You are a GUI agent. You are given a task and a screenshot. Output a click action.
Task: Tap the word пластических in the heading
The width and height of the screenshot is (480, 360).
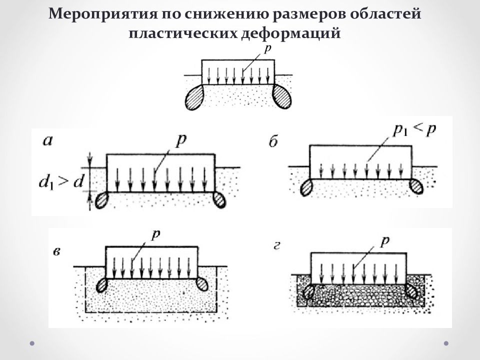tap(183, 33)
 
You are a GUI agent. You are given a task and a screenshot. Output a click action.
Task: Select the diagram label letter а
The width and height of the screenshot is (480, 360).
tap(48, 141)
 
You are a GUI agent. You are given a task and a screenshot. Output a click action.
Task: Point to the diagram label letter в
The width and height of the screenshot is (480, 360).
tap(56, 252)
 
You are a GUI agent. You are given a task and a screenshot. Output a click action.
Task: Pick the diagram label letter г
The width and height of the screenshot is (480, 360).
tap(276, 246)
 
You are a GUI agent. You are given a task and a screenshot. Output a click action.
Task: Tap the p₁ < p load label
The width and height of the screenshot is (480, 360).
tap(414, 130)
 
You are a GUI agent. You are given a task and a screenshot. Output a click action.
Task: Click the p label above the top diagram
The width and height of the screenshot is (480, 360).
tap(267, 49)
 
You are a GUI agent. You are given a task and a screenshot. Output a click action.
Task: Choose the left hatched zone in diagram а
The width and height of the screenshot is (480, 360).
tap(101, 200)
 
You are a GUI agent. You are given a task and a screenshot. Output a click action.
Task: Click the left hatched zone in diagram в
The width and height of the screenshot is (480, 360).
tap(102, 285)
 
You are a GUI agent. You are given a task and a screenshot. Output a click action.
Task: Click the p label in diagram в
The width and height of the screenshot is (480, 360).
tap(156, 235)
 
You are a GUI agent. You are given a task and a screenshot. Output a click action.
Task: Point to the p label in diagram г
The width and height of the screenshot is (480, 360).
tap(384, 241)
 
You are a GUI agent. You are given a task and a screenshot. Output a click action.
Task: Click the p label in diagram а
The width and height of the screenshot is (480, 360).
tap(181, 141)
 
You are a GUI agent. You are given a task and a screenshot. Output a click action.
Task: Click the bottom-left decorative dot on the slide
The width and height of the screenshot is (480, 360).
tap(32, 343)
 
